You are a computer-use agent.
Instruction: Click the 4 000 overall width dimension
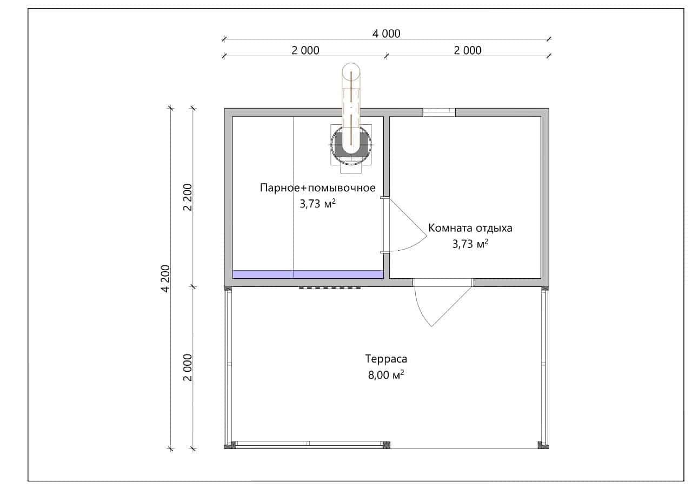coord(386,34)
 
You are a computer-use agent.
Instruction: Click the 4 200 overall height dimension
coord(166,279)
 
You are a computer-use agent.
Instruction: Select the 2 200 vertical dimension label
coord(188,198)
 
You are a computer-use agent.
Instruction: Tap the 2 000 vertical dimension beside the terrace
coord(188,367)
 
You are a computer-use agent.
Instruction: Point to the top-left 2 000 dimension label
coord(305,50)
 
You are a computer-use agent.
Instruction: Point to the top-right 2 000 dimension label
coord(468,50)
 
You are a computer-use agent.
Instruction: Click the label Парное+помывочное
coord(317,187)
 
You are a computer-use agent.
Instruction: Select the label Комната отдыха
coord(470,228)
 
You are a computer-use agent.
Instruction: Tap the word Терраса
coord(386,359)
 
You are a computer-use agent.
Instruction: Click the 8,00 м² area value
coord(386,375)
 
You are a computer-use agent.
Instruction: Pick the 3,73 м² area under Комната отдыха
coord(470,244)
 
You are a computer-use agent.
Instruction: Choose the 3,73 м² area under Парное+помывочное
coord(317,204)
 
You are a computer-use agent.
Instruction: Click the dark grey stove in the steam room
coord(351,144)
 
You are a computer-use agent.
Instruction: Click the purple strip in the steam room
coord(308,274)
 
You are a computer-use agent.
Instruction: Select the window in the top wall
coord(440,112)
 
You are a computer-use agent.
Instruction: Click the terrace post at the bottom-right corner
coord(544,445)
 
